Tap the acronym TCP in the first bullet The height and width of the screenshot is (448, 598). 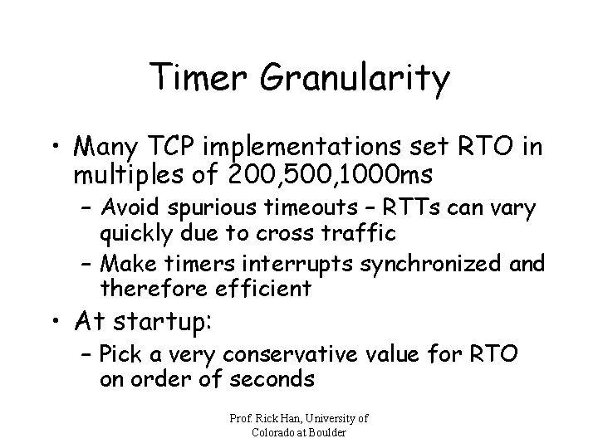click(165, 147)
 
